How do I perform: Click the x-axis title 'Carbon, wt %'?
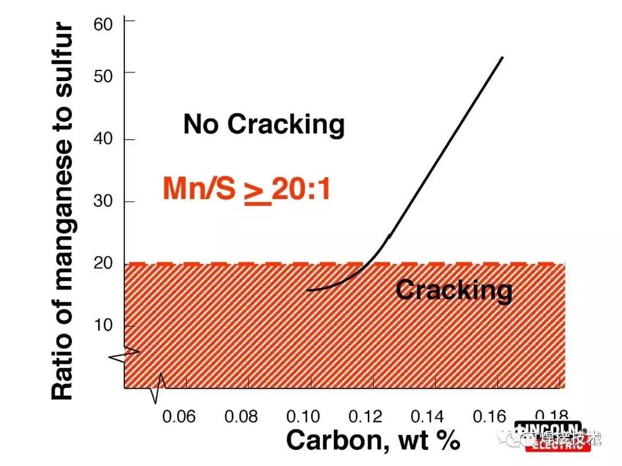coord(373,441)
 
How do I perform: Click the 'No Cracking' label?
coord(264,124)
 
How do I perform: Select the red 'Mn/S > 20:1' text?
coord(246,189)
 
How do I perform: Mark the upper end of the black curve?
coord(502,58)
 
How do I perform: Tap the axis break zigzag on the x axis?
coord(158,388)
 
